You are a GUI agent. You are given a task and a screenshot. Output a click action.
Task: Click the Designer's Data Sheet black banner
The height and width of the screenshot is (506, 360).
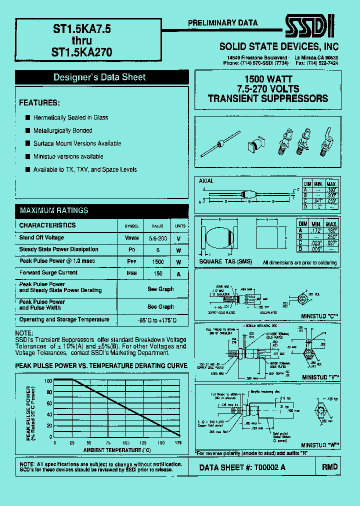99,77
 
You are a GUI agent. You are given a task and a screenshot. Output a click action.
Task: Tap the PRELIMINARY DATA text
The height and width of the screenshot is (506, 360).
222,23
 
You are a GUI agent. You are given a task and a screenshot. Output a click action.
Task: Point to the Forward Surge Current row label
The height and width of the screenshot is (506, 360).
48,273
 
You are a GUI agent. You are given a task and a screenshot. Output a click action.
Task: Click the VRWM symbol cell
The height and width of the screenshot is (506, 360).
132,238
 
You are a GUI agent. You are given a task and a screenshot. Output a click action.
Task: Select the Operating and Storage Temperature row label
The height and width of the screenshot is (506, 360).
64,319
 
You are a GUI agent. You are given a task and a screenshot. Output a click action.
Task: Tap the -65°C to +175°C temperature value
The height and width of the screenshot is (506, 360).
155,320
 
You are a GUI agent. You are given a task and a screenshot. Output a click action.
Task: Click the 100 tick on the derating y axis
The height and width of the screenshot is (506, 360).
48,380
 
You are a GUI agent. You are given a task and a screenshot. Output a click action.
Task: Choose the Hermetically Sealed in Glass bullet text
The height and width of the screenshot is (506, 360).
70,118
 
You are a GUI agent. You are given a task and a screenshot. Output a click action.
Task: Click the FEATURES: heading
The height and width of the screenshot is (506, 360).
39,102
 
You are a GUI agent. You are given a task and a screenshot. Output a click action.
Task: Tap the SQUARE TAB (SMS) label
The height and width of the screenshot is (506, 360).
225,262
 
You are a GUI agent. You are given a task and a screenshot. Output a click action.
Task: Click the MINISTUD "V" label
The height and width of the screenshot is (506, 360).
320,376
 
